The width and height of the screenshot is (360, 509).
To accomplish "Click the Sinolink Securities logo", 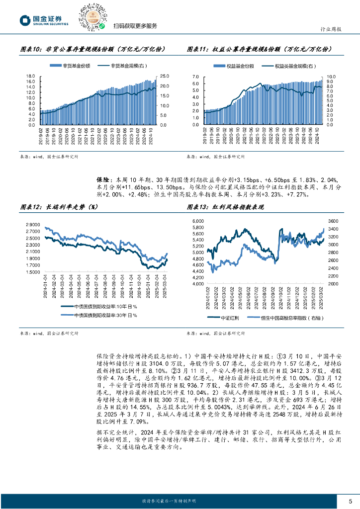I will pyautogui.click(x=43, y=19).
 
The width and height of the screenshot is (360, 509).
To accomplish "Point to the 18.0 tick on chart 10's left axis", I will pyautogui.click(x=30, y=76).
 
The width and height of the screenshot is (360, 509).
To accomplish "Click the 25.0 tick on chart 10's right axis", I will pyautogui.click(x=165, y=76).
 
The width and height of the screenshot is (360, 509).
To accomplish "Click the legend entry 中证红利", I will pyautogui.click(x=231, y=318).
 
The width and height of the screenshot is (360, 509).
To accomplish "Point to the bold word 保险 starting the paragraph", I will pyautogui.click(x=102, y=179).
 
